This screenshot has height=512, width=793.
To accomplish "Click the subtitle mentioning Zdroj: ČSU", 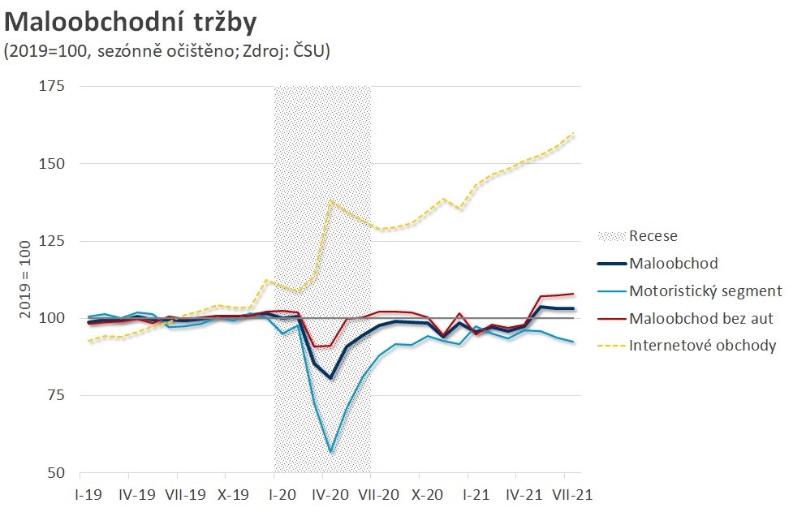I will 167,50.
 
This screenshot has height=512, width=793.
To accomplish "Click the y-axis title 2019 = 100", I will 25,279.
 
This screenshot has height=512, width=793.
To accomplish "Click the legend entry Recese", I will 653,237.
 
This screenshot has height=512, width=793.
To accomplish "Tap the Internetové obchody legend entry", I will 703,346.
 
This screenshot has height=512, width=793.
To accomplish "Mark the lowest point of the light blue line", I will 330,451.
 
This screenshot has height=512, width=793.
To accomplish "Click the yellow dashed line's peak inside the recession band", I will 330,200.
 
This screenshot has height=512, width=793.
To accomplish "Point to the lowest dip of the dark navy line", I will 330,378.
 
